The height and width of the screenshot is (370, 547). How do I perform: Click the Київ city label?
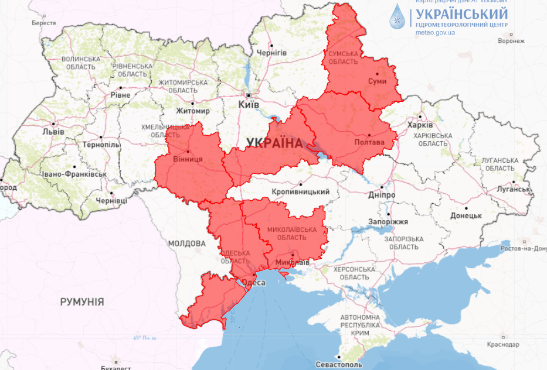click(249, 104)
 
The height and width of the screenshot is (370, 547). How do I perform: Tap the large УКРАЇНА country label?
click(274, 143)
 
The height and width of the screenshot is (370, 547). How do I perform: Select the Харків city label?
click(420, 125)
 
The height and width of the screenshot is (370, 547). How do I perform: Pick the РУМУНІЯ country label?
click(82, 302)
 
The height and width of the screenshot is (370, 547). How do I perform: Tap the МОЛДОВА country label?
click(186, 244)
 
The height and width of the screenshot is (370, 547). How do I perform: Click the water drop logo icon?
click(398, 16)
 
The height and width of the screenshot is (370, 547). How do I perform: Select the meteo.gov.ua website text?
click(436, 33)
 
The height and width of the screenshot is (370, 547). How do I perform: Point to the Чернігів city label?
click(271, 53)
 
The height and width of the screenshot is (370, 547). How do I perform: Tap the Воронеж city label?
click(510, 41)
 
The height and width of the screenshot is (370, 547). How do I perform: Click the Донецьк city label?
click(466, 215)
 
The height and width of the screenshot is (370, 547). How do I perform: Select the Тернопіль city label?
click(101, 145)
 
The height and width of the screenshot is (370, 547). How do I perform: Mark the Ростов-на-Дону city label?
click(524, 249)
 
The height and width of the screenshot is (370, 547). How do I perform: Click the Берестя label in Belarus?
click(44, 23)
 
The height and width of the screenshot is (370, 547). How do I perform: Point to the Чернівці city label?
click(111, 201)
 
